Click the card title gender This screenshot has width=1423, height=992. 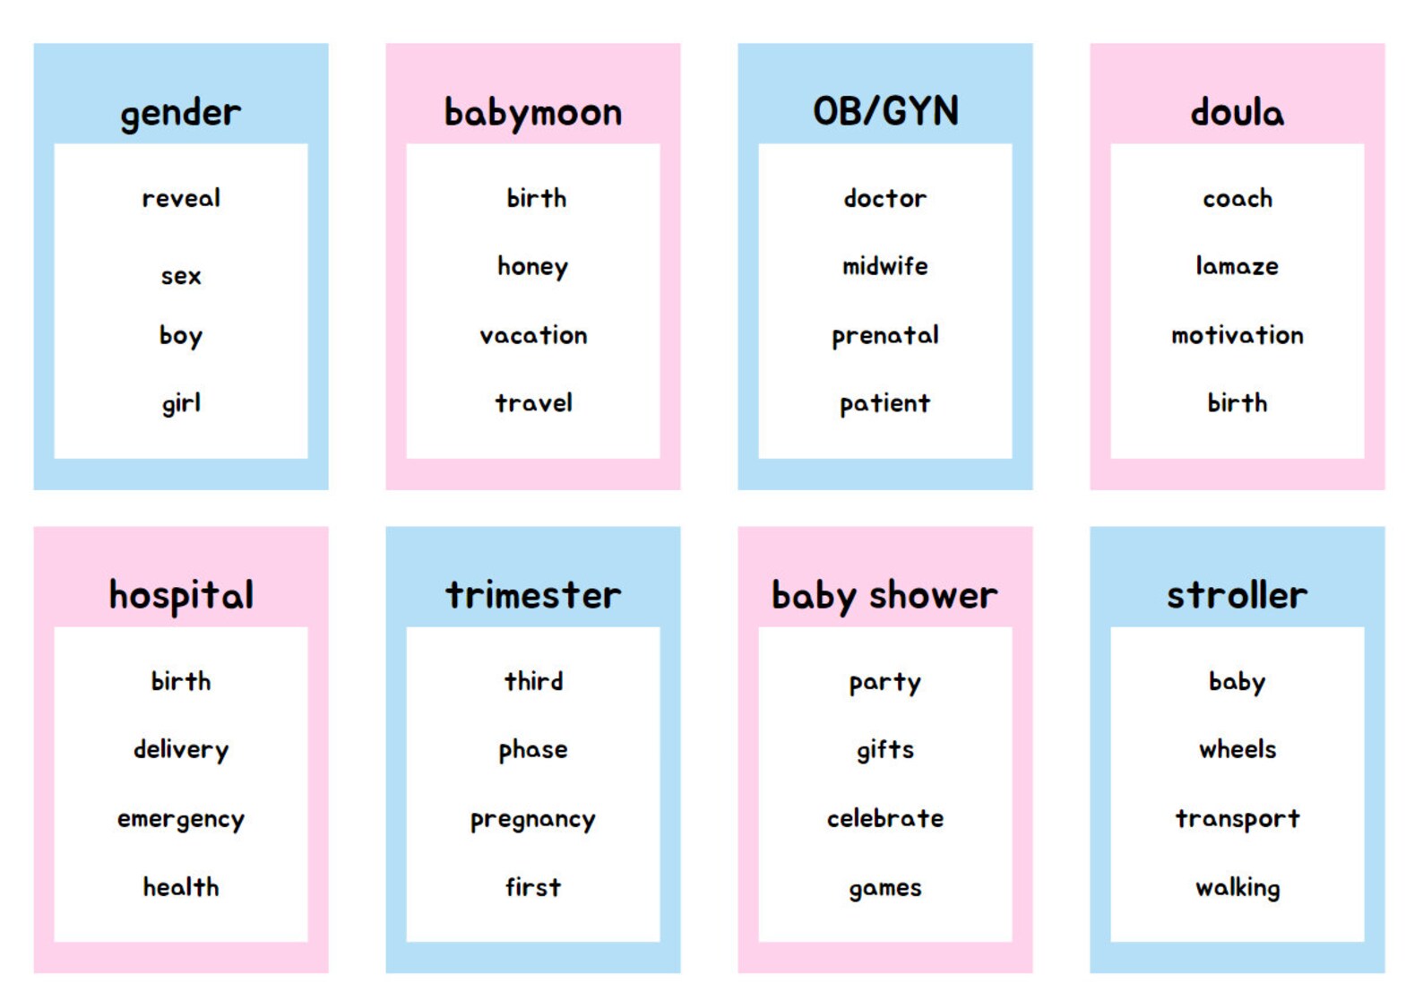pos(180,113)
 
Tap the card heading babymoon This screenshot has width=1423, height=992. pos(533,113)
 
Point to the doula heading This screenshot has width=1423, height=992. pos(1237,113)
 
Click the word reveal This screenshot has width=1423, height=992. pos(181,198)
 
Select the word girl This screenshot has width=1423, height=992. pos(181,404)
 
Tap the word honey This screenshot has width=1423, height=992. pos(533,267)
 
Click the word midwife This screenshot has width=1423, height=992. pos(885,266)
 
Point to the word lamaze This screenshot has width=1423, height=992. pos(1237,266)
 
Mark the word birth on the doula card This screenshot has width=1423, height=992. pos(1237,403)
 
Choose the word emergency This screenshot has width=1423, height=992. pos(181,820)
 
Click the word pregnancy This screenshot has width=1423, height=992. pos(533,820)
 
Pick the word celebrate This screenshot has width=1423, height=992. pos(885,818)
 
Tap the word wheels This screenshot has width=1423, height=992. pos(1237,749)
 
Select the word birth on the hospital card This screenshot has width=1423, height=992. pos(181,681)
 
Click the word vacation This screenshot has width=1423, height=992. pos(533,335)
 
